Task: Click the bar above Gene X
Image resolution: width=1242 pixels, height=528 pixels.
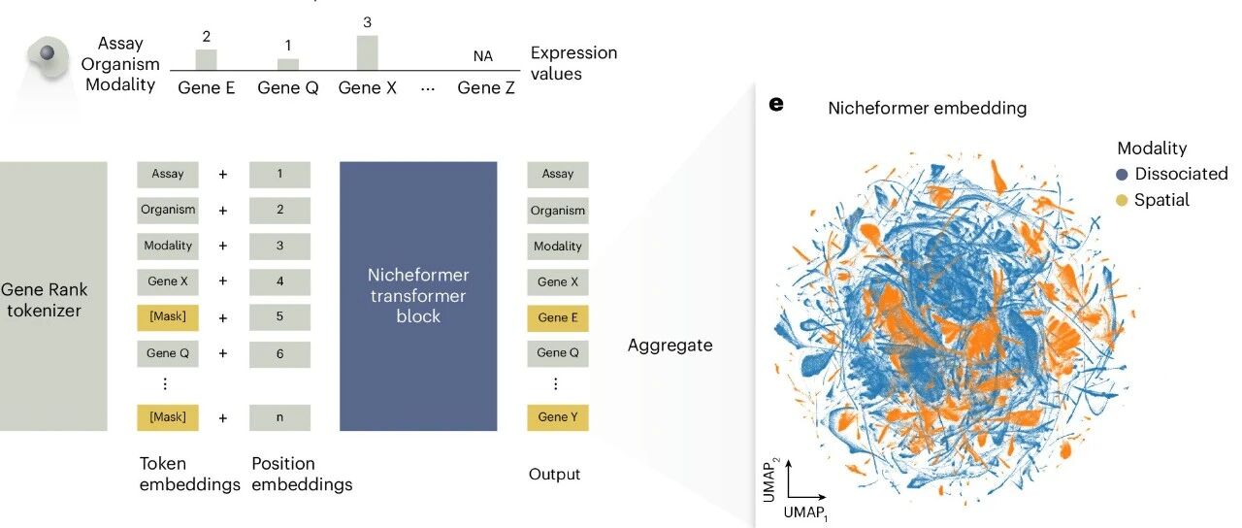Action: pos(367,52)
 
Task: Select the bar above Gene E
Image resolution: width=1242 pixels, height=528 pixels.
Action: pos(206,59)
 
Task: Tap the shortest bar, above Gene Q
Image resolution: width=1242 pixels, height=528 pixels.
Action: pos(288,64)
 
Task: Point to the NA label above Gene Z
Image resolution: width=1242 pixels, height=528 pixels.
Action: pos(482,56)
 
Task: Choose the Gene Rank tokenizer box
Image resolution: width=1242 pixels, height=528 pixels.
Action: pos(53,296)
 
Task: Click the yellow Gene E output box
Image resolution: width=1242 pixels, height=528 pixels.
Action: pos(558,317)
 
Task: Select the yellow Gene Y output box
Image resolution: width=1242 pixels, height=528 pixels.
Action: pos(558,417)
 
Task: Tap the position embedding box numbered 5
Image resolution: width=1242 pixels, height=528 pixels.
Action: pos(279,317)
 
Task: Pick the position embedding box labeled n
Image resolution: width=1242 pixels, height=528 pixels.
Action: pos(279,417)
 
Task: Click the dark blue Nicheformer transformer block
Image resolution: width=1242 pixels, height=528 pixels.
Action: pos(418,296)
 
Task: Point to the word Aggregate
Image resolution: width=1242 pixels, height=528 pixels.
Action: pos(670,345)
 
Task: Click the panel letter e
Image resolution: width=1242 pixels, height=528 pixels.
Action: pos(776,104)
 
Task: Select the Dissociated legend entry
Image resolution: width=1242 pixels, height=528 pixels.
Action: pos(1171,175)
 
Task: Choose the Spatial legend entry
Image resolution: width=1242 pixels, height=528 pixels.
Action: pos(1152,200)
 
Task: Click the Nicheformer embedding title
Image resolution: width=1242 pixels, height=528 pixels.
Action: pos(927,109)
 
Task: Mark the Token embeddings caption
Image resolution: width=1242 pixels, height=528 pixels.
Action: pos(188,474)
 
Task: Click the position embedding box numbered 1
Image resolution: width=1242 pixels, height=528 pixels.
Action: pos(279,174)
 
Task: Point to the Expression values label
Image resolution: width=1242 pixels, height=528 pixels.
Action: pos(573,63)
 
